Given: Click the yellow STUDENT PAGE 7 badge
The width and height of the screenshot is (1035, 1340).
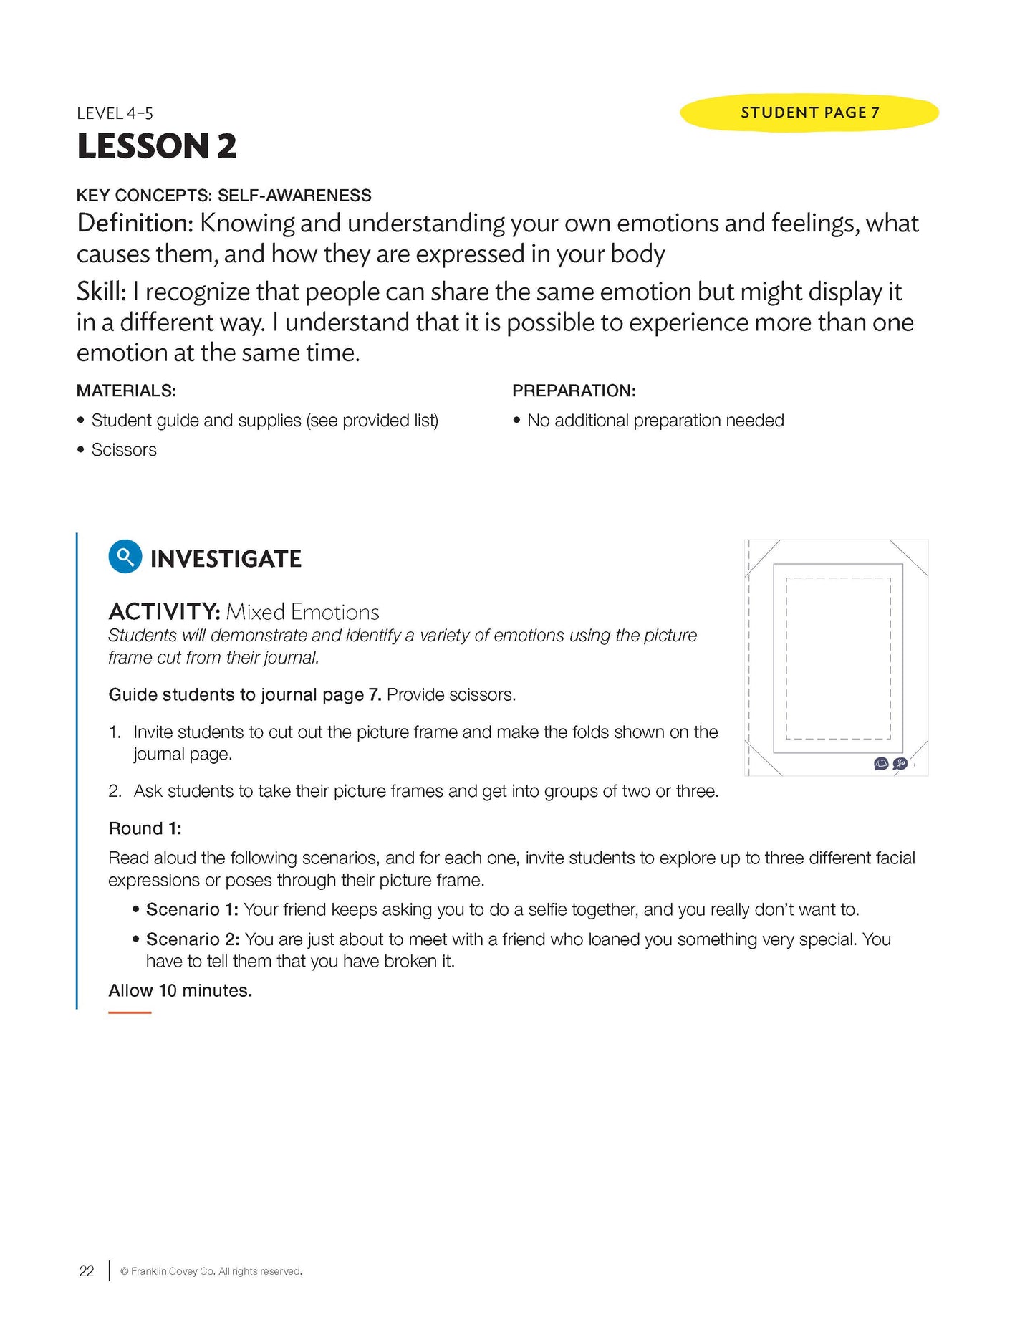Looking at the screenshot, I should coord(809,113).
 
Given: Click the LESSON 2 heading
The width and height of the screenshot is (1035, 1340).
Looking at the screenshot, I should coord(156,146).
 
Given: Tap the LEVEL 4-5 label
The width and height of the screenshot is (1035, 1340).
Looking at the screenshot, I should coord(115,113).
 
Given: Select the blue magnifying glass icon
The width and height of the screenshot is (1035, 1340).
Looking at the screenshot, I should coord(125,557).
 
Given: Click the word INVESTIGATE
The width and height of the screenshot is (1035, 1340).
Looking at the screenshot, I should coord(226,559).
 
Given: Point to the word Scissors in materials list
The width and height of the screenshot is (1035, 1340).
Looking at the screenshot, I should coord(124,450).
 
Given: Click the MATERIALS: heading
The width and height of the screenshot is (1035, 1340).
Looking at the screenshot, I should coord(126,391).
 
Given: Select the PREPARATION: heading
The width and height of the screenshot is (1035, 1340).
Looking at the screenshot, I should coord(574,391).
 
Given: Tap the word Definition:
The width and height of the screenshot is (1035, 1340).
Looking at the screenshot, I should coord(135,224).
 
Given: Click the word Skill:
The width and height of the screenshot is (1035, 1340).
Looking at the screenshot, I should coord(101,292).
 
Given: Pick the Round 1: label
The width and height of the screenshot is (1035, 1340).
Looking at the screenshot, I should coord(145,828).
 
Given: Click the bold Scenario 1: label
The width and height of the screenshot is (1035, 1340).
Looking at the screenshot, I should coord(192,909).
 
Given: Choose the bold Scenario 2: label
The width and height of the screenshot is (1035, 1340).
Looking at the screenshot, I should coord(193,939).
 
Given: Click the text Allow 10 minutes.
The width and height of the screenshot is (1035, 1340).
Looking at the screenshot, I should coord(180,990).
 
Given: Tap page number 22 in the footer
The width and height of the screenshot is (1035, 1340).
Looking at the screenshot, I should coord(87,1271).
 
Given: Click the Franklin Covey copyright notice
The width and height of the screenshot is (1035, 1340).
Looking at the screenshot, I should coord(211,1271).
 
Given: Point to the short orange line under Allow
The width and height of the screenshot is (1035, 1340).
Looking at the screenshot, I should coord(130,1013).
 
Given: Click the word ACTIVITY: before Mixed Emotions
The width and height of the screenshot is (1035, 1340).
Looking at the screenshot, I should coord(164,612).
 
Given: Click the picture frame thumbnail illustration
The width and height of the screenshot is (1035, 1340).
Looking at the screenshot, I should coord(837,657).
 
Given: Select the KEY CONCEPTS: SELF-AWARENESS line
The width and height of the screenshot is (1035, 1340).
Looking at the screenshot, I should coord(224,196).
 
